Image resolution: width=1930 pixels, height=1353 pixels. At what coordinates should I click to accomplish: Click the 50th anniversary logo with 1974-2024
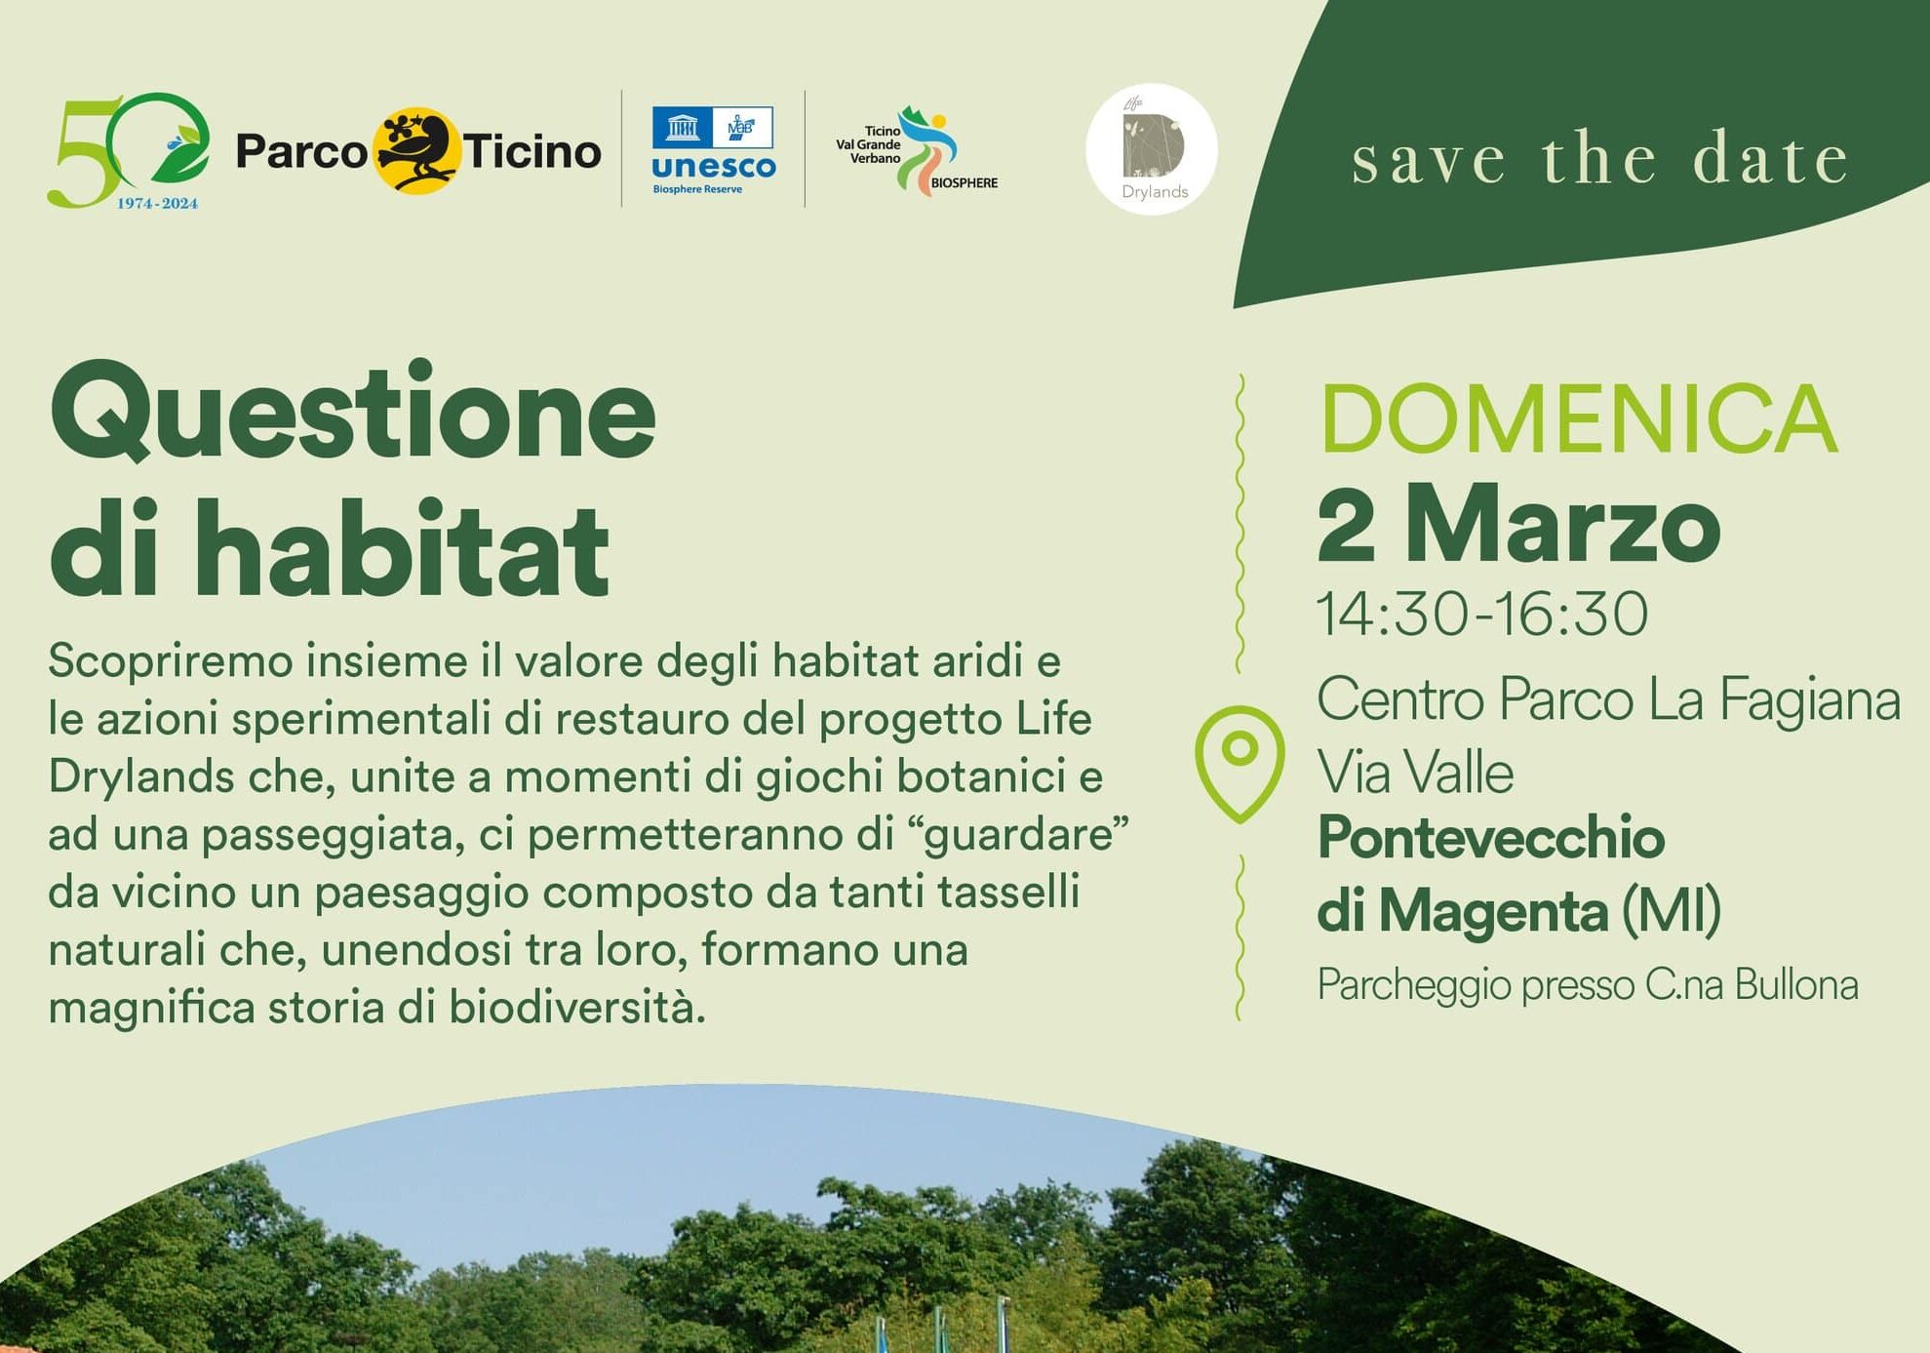(x=128, y=151)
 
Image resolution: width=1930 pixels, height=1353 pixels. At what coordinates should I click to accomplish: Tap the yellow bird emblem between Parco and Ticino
(x=415, y=150)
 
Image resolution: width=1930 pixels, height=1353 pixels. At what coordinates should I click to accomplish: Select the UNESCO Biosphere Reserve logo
(x=713, y=150)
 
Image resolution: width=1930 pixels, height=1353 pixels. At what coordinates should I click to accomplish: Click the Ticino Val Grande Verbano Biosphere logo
(x=917, y=150)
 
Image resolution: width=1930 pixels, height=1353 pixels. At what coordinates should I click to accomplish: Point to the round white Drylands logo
(x=1152, y=149)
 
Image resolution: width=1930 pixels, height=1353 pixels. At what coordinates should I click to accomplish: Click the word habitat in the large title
(x=401, y=547)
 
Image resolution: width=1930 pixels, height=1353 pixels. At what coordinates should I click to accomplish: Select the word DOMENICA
(x=1578, y=419)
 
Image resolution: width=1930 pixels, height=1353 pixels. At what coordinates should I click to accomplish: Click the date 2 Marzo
(x=1518, y=526)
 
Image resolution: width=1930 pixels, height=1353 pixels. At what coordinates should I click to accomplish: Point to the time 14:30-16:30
(x=1481, y=614)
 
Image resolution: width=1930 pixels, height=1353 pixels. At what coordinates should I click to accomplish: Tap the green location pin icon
(x=1240, y=764)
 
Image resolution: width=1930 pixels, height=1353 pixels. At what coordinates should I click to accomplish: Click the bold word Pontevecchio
(x=1490, y=838)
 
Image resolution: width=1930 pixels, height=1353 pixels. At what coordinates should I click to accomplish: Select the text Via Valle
(x=1415, y=773)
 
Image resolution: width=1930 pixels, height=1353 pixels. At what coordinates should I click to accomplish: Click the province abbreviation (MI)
(x=1671, y=911)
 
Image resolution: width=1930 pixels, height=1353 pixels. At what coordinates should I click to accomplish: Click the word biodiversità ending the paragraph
(x=577, y=1008)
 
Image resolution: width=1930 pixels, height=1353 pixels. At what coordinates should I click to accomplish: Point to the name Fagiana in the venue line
(x=1809, y=700)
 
